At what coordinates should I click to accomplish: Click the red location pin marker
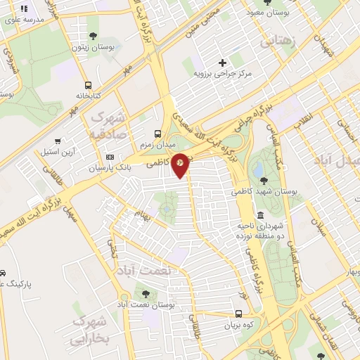pyautogui.click(x=181, y=164)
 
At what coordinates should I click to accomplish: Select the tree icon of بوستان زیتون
pyautogui.click(x=93, y=36)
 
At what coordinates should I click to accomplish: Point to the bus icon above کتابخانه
pyautogui.click(x=88, y=84)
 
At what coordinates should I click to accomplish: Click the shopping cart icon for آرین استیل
pyautogui.click(x=58, y=141)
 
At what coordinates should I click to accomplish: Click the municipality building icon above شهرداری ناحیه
pyautogui.click(x=260, y=215)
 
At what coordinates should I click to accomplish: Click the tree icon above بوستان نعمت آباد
pyautogui.click(x=146, y=294)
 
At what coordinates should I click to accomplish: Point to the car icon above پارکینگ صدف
pyautogui.click(x=3, y=273)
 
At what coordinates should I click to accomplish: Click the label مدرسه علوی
pyautogui.click(x=25, y=20)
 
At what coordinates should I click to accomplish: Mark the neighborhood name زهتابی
pyautogui.click(x=280, y=42)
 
